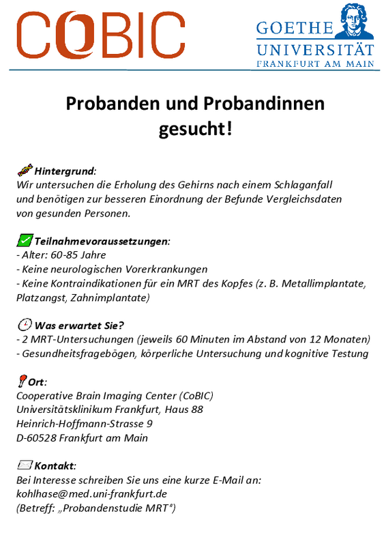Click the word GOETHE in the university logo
click(x=295, y=29)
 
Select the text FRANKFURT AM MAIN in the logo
click(x=315, y=63)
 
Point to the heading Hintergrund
click(x=65, y=170)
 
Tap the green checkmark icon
click(x=24, y=240)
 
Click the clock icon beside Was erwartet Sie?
click(x=24, y=325)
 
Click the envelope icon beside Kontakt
click(x=24, y=465)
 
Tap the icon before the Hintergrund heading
click(x=24, y=169)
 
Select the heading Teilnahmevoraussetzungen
click(x=102, y=241)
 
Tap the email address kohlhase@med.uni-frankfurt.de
click(x=92, y=493)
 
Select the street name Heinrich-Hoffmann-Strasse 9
click(x=84, y=424)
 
